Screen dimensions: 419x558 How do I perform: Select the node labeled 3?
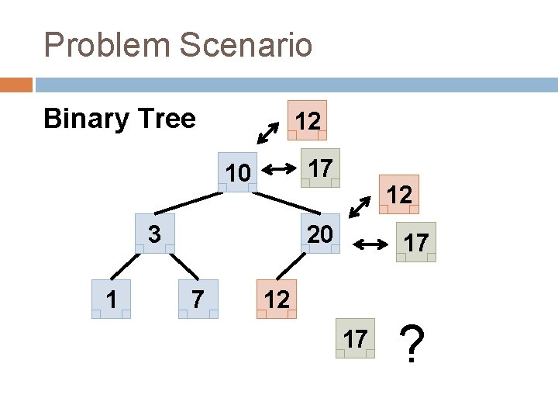point(154,233)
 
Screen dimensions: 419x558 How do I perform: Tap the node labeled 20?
point(318,233)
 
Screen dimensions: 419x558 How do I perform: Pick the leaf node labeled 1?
point(111,299)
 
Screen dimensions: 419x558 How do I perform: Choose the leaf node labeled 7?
point(198,299)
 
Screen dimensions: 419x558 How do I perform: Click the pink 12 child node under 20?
point(277,299)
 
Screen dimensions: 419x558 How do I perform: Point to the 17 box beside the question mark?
point(355,338)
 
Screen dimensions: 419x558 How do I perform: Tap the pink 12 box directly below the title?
point(308,120)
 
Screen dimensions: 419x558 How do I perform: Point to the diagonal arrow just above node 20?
point(360,206)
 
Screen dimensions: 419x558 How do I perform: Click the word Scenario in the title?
point(247,45)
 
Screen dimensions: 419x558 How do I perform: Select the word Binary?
point(85,119)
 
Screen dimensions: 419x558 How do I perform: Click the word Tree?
point(164,119)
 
